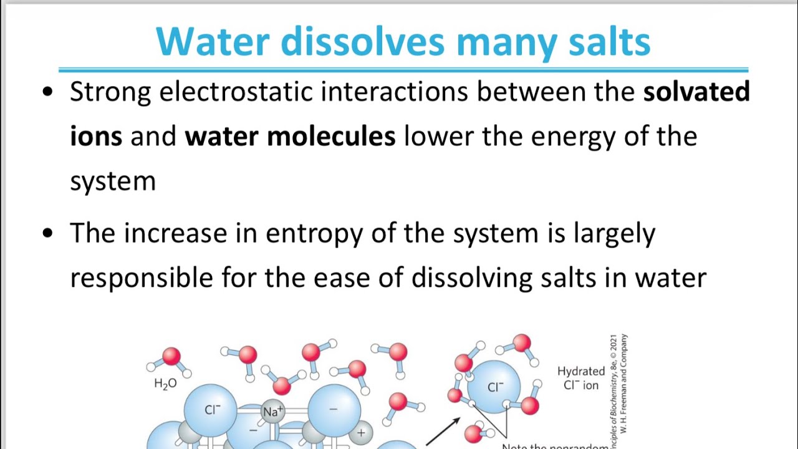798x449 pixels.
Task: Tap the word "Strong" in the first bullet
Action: coord(110,92)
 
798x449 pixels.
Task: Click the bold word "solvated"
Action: coord(696,92)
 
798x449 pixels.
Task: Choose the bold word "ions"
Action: coord(95,136)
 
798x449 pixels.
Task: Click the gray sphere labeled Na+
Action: coord(272,412)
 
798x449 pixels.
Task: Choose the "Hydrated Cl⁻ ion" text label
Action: coord(581,379)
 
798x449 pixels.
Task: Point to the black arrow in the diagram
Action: coord(443,431)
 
